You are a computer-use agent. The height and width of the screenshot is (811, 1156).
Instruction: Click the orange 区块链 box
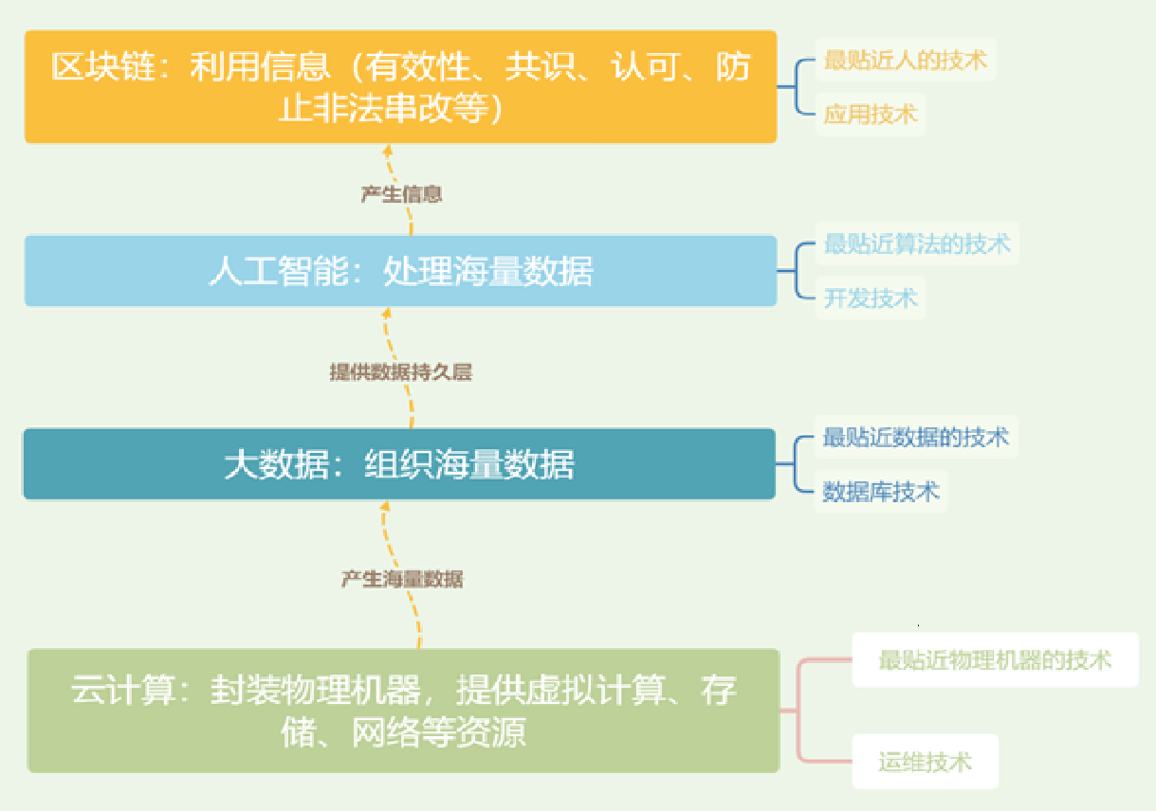[401, 86]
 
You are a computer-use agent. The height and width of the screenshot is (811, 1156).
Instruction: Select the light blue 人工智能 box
[401, 271]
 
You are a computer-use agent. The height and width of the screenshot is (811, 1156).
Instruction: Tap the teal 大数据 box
[399, 464]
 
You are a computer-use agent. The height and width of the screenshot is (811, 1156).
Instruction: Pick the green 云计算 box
[404, 711]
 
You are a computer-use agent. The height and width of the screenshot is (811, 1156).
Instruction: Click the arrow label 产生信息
[401, 194]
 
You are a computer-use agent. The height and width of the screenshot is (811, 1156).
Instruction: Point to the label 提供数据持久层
[401, 371]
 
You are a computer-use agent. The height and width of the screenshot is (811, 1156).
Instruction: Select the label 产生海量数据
[402, 579]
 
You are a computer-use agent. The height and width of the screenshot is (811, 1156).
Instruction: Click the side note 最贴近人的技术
[906, 60]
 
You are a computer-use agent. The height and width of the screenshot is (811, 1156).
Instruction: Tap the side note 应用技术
[871, 115]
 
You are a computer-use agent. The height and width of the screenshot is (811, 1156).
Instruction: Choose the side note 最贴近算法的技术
[917, 243]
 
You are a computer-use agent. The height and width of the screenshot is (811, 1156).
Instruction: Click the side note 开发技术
[871, 298]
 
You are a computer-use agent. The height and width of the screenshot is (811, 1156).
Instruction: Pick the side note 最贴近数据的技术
[915, 437]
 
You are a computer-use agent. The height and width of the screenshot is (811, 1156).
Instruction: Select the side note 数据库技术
[880, 492]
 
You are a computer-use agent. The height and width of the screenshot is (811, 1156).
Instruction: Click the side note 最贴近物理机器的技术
[995, 660]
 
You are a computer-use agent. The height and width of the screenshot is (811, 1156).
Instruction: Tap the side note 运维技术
[926, 762]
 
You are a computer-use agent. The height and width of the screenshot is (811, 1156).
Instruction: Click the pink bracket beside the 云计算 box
[798, 711]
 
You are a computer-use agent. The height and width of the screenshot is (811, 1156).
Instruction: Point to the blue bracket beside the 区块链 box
[797, 86]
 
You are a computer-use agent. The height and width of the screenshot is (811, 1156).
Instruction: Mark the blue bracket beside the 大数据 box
[795, 464]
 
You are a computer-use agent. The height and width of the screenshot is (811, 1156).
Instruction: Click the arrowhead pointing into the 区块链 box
[388, 151]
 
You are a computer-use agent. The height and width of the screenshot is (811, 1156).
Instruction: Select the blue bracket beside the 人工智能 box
[797, 271]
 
